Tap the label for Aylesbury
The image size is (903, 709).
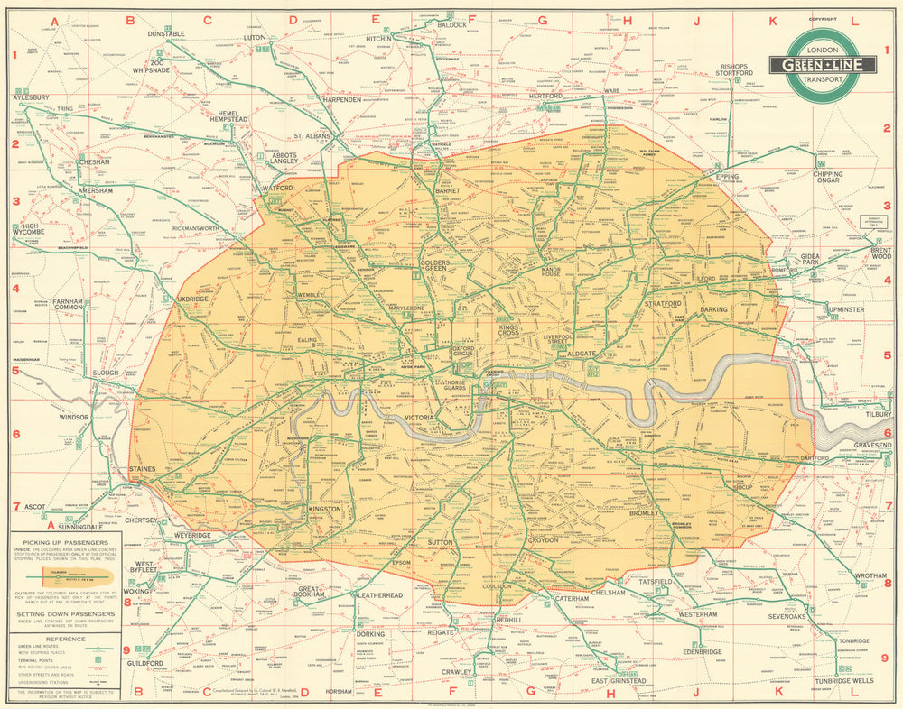31,97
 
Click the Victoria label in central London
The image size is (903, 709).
421,419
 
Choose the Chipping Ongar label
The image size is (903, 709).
827,179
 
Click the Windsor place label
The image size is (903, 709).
72,418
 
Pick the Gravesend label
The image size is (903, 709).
872,446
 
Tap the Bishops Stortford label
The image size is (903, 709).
735,70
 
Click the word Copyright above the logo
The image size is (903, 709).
823,19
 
